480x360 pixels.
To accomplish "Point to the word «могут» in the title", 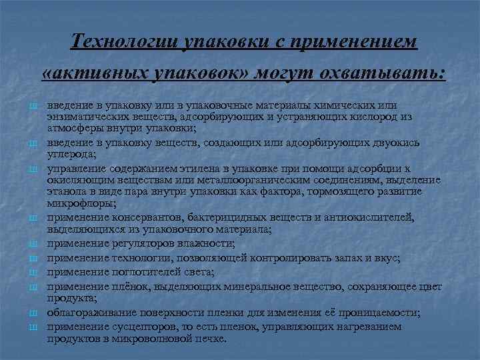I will click(291, 73).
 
